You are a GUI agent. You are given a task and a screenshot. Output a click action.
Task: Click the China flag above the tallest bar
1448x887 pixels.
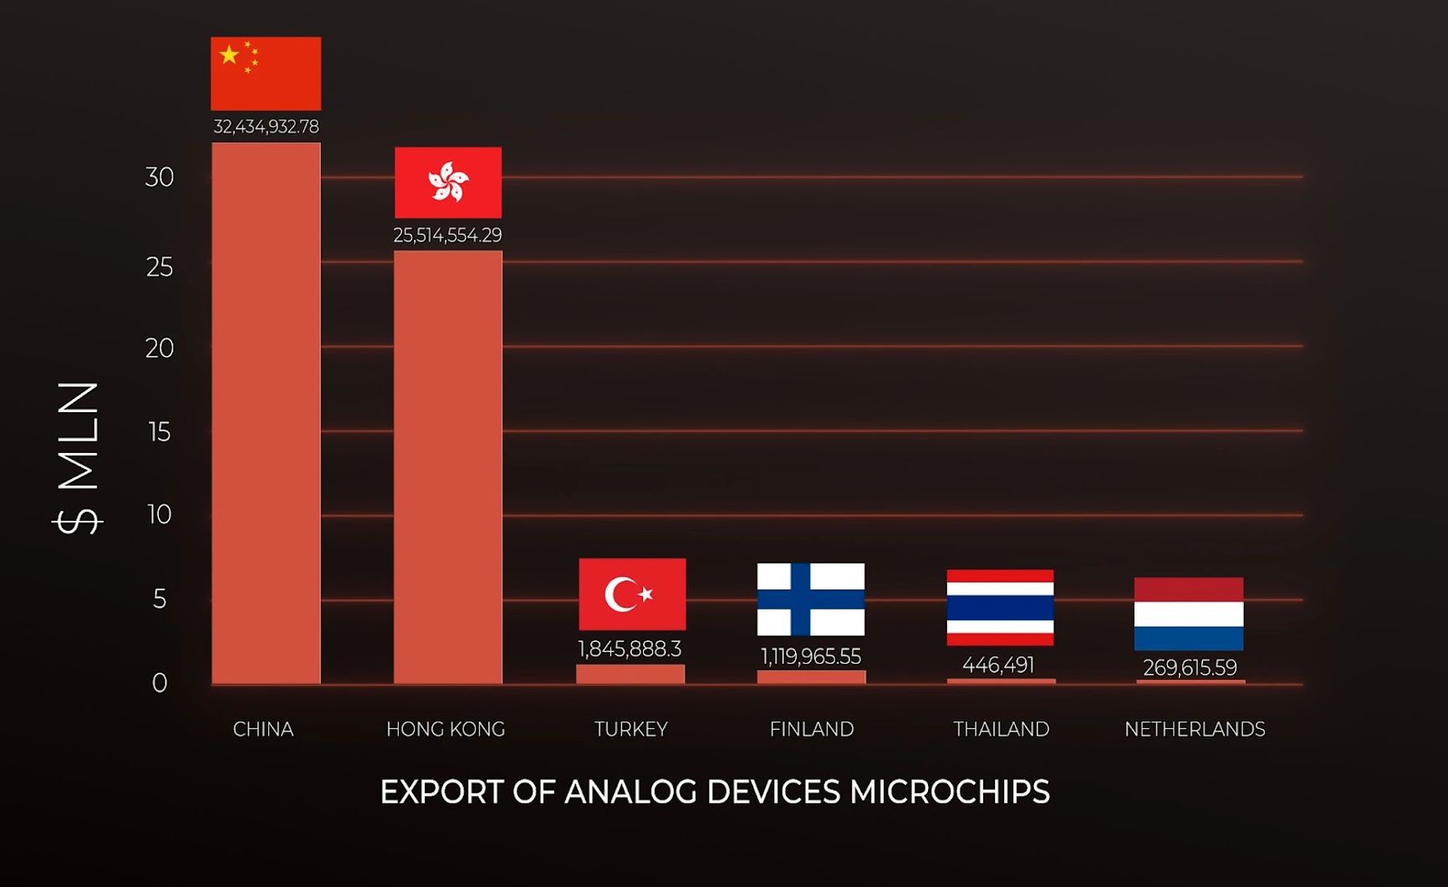(x=266, y=74)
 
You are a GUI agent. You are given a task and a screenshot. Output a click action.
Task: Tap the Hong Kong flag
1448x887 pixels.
(x=448, y=182)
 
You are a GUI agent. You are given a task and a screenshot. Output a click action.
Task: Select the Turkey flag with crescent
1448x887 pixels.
(x=632, y=594)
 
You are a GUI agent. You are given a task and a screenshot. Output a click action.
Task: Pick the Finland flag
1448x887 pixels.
(x=811, y=599)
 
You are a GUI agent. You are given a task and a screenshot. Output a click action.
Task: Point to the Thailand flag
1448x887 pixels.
(x=1000, y=608)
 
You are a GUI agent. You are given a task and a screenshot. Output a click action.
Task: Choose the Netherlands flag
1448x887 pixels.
(x=1189, y=614)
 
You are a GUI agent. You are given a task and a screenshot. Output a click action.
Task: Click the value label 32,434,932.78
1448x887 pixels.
(x=266, y=127)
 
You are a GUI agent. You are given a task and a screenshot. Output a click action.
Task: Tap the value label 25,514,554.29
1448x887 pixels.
(x=448, y=236)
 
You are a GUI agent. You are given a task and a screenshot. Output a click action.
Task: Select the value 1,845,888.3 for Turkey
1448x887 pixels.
(x=630, y=650)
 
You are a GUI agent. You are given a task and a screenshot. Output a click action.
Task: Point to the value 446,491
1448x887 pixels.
(x=998, y=665)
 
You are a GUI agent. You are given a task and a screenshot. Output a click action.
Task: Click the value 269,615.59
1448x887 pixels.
(x=1190, y=668)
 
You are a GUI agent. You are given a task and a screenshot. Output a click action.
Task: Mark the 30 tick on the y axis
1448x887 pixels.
(x=159, y=177)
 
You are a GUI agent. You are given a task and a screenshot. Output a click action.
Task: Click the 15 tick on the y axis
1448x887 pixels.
(x=159, y=432)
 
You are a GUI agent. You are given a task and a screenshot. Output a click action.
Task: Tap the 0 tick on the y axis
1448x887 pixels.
(x=159, y=684)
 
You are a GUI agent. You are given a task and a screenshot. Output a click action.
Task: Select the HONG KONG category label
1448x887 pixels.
(x=446, y=730)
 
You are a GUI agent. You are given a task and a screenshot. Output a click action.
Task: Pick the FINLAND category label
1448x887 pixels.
(x=812, y=730)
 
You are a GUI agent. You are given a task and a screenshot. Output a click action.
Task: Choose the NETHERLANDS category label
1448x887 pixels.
(x=1195, y=730)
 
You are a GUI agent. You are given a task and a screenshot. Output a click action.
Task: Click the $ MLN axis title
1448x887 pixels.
(x=79, y=458)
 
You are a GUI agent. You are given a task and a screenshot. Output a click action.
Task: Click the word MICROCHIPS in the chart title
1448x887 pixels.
(x=950, y=793)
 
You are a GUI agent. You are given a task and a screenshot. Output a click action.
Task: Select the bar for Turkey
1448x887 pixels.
(x=630, y=674)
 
